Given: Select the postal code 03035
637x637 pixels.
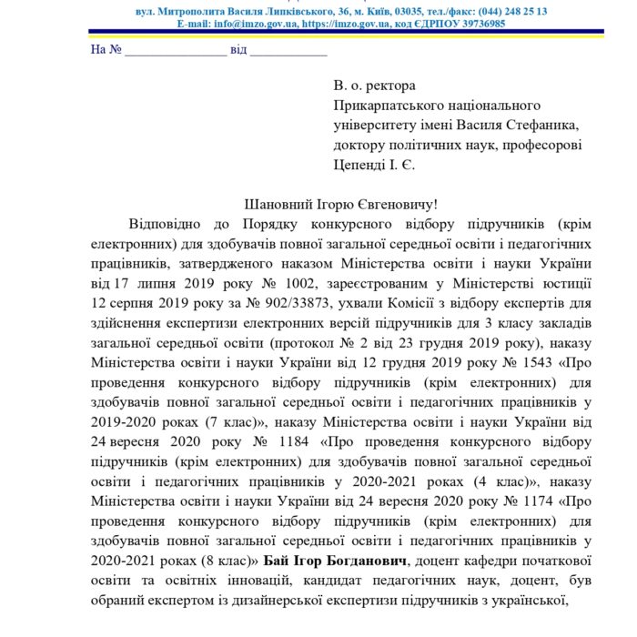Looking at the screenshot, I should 399,11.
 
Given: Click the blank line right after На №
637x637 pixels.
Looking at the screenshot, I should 176,50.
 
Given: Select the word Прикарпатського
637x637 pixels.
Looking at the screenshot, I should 385,106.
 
